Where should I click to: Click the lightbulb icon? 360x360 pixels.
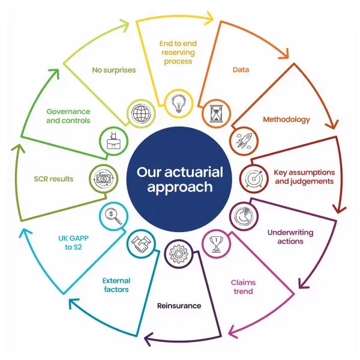(179, 104)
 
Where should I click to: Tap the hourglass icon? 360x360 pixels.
(216, 113)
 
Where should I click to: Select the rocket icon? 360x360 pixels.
(244, 141)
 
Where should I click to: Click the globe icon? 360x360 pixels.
(142, 113)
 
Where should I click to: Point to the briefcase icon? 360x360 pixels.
(114, 141)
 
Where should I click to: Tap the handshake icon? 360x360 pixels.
(141, 244)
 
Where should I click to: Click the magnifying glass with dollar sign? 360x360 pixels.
(113, 216)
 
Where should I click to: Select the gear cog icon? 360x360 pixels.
(179, 253)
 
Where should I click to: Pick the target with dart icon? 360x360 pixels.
(254, 178)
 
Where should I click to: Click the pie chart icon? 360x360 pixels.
(244, 216)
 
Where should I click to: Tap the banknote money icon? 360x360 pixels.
(104, 179)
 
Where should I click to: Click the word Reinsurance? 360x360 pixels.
(179, 305)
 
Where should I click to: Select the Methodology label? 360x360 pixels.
(286, 119)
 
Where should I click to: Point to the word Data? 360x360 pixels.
(241, 70)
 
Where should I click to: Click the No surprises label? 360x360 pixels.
(114, 70)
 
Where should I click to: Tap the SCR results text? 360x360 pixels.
(53, 179)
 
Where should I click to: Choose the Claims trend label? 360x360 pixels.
(243, 287)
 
